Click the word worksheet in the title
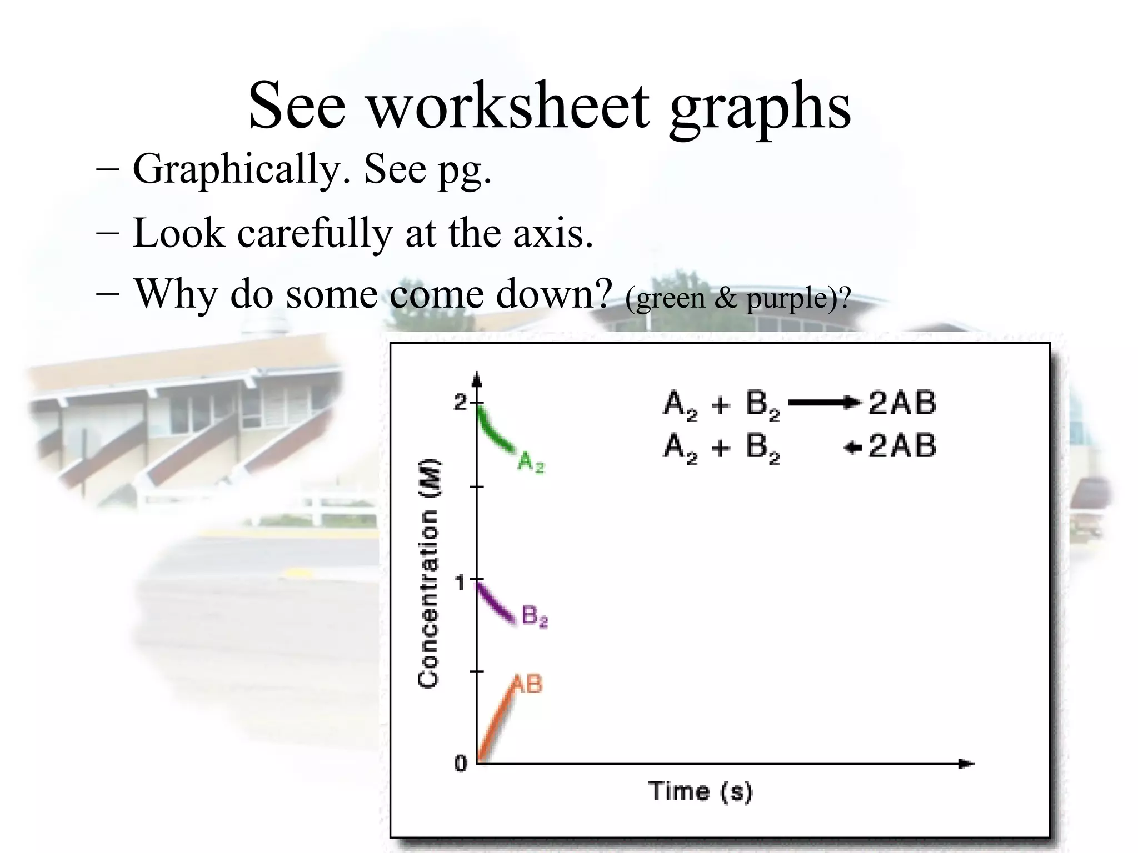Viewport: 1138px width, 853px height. pos(508,105)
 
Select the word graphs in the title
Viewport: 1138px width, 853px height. pos(760,107)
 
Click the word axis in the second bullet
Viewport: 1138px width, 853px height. pos(553,233)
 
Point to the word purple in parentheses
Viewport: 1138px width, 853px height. pos(788,299)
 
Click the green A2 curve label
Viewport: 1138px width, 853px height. pos(531,462)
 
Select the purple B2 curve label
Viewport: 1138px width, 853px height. pos(535,616)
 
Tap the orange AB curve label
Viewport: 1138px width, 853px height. pos(526,684)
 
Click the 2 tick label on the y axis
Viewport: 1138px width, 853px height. pos(461,402)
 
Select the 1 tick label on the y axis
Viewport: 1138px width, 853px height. pos(460,583)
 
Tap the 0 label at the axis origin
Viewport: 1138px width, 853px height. pos(461,764)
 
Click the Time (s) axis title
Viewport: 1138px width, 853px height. pos(700,791)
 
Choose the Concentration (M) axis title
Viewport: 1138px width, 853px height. pos(428,573)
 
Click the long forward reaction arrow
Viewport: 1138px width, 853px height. pos(824,403)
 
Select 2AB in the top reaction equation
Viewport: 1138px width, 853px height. pos(902,403)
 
